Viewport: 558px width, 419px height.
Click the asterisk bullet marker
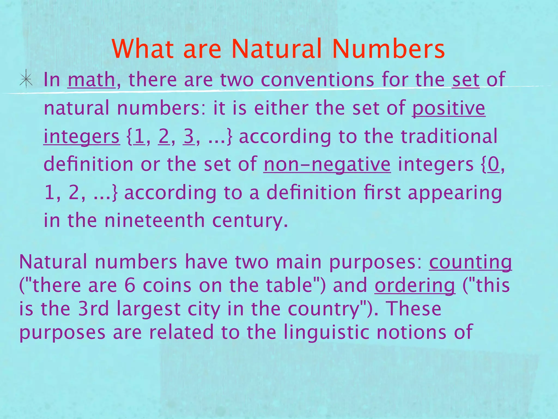26,80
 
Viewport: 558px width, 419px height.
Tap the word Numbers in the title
389,49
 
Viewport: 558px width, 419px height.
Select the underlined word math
91,80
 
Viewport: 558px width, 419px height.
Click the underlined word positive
448,108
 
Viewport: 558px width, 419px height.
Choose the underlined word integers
81,136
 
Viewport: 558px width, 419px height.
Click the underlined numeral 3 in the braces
189,136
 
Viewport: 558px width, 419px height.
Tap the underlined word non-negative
327,164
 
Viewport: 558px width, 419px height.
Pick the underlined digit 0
493,164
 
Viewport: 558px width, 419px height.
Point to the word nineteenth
154,220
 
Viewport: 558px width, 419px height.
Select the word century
250,220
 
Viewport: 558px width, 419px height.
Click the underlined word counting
470,262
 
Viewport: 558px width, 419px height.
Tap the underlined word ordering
415,286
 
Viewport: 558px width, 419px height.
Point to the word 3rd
93,309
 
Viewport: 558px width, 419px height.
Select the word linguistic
326,332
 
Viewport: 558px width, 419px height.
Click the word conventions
317,80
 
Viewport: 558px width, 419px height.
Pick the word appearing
455,193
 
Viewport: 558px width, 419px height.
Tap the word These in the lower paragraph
414,309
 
